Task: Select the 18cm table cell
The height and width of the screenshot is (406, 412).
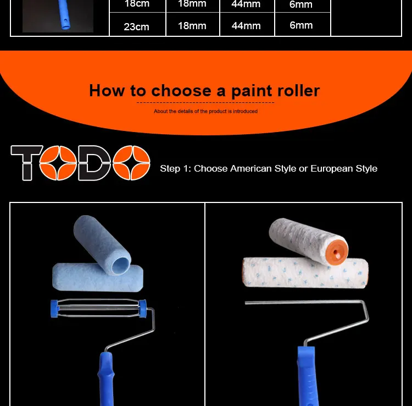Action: [x=137, y=6]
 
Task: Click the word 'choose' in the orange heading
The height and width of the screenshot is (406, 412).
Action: [x=181, y=91]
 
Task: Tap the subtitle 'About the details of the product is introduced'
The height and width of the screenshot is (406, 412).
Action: [x=206, y=111]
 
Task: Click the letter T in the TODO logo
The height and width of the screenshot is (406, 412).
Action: [x=26, y=163]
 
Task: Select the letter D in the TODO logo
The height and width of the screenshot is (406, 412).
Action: [x=94, y=163]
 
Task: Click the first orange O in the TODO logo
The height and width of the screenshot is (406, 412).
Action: [x=58, y=163]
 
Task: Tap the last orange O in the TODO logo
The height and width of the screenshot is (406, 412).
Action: [x=131, y=163]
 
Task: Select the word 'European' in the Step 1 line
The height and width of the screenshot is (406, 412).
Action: [x=332, y=168]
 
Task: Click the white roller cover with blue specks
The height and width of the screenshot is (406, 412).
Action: [x=305, y=273]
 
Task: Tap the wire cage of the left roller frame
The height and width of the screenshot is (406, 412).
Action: [x=98, y=308]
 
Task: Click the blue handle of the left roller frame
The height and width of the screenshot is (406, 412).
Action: [x=107, y=379]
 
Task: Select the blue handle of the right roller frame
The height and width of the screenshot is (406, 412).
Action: [x=308, y=376]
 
